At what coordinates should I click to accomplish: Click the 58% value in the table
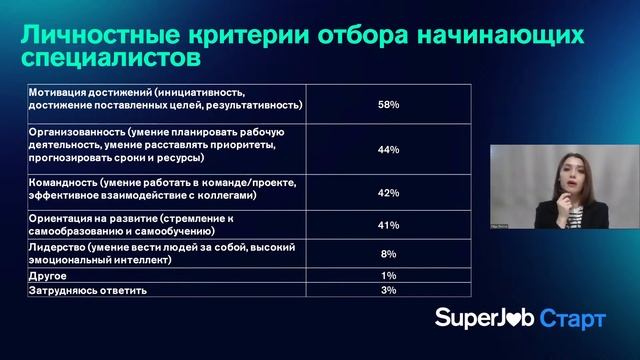click(x=389, y=104)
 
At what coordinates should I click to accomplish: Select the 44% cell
click(x=389, y=150)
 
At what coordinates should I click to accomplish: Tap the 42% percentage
click(x=389, y=193)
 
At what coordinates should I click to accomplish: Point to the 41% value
click(x=389, y=226)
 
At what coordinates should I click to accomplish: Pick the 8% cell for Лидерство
click(x=389, y=254)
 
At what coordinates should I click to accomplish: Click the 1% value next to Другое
click(x=389, y=274)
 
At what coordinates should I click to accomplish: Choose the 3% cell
click(x=389, y=290)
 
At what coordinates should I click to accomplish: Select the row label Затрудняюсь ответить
click(x=88, y=290)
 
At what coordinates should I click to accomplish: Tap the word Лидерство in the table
click(x=57, y=247)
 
